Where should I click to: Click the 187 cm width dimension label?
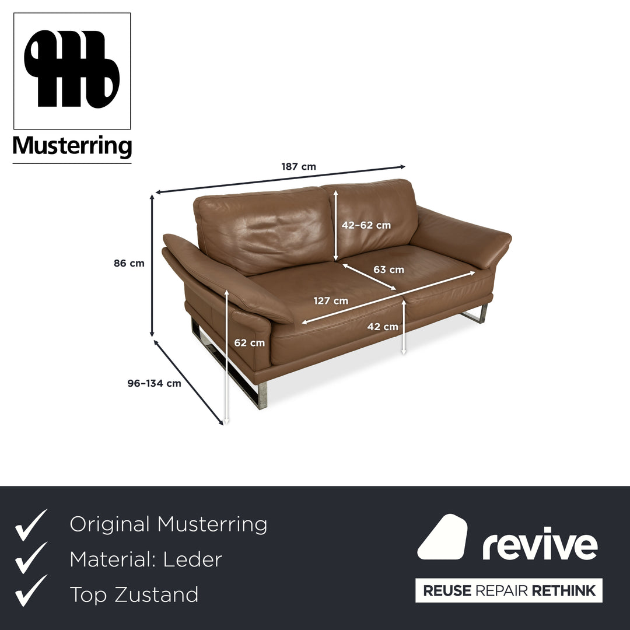(299, 166)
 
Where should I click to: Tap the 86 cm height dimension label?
(129, 263)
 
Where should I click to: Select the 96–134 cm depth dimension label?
(154, 383)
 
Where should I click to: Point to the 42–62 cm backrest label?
(366, 225)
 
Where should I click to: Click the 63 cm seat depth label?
(388, 269)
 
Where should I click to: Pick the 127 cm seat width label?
(331, 300)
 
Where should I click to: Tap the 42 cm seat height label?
(383, 327)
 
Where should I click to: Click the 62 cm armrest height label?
(250, 343)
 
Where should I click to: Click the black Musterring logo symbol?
(72, 69)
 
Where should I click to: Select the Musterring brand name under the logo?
(72, 146)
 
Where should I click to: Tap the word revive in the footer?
(540, 543)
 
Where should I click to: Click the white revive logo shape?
(442, 537)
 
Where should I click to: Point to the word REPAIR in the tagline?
(501, 590)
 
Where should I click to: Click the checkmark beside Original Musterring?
(31, 525)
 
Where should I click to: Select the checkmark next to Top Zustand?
(31, 590)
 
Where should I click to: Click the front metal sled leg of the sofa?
(229, 366)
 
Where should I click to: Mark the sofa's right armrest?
(461, 237)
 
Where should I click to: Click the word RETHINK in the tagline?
(563, 590)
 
